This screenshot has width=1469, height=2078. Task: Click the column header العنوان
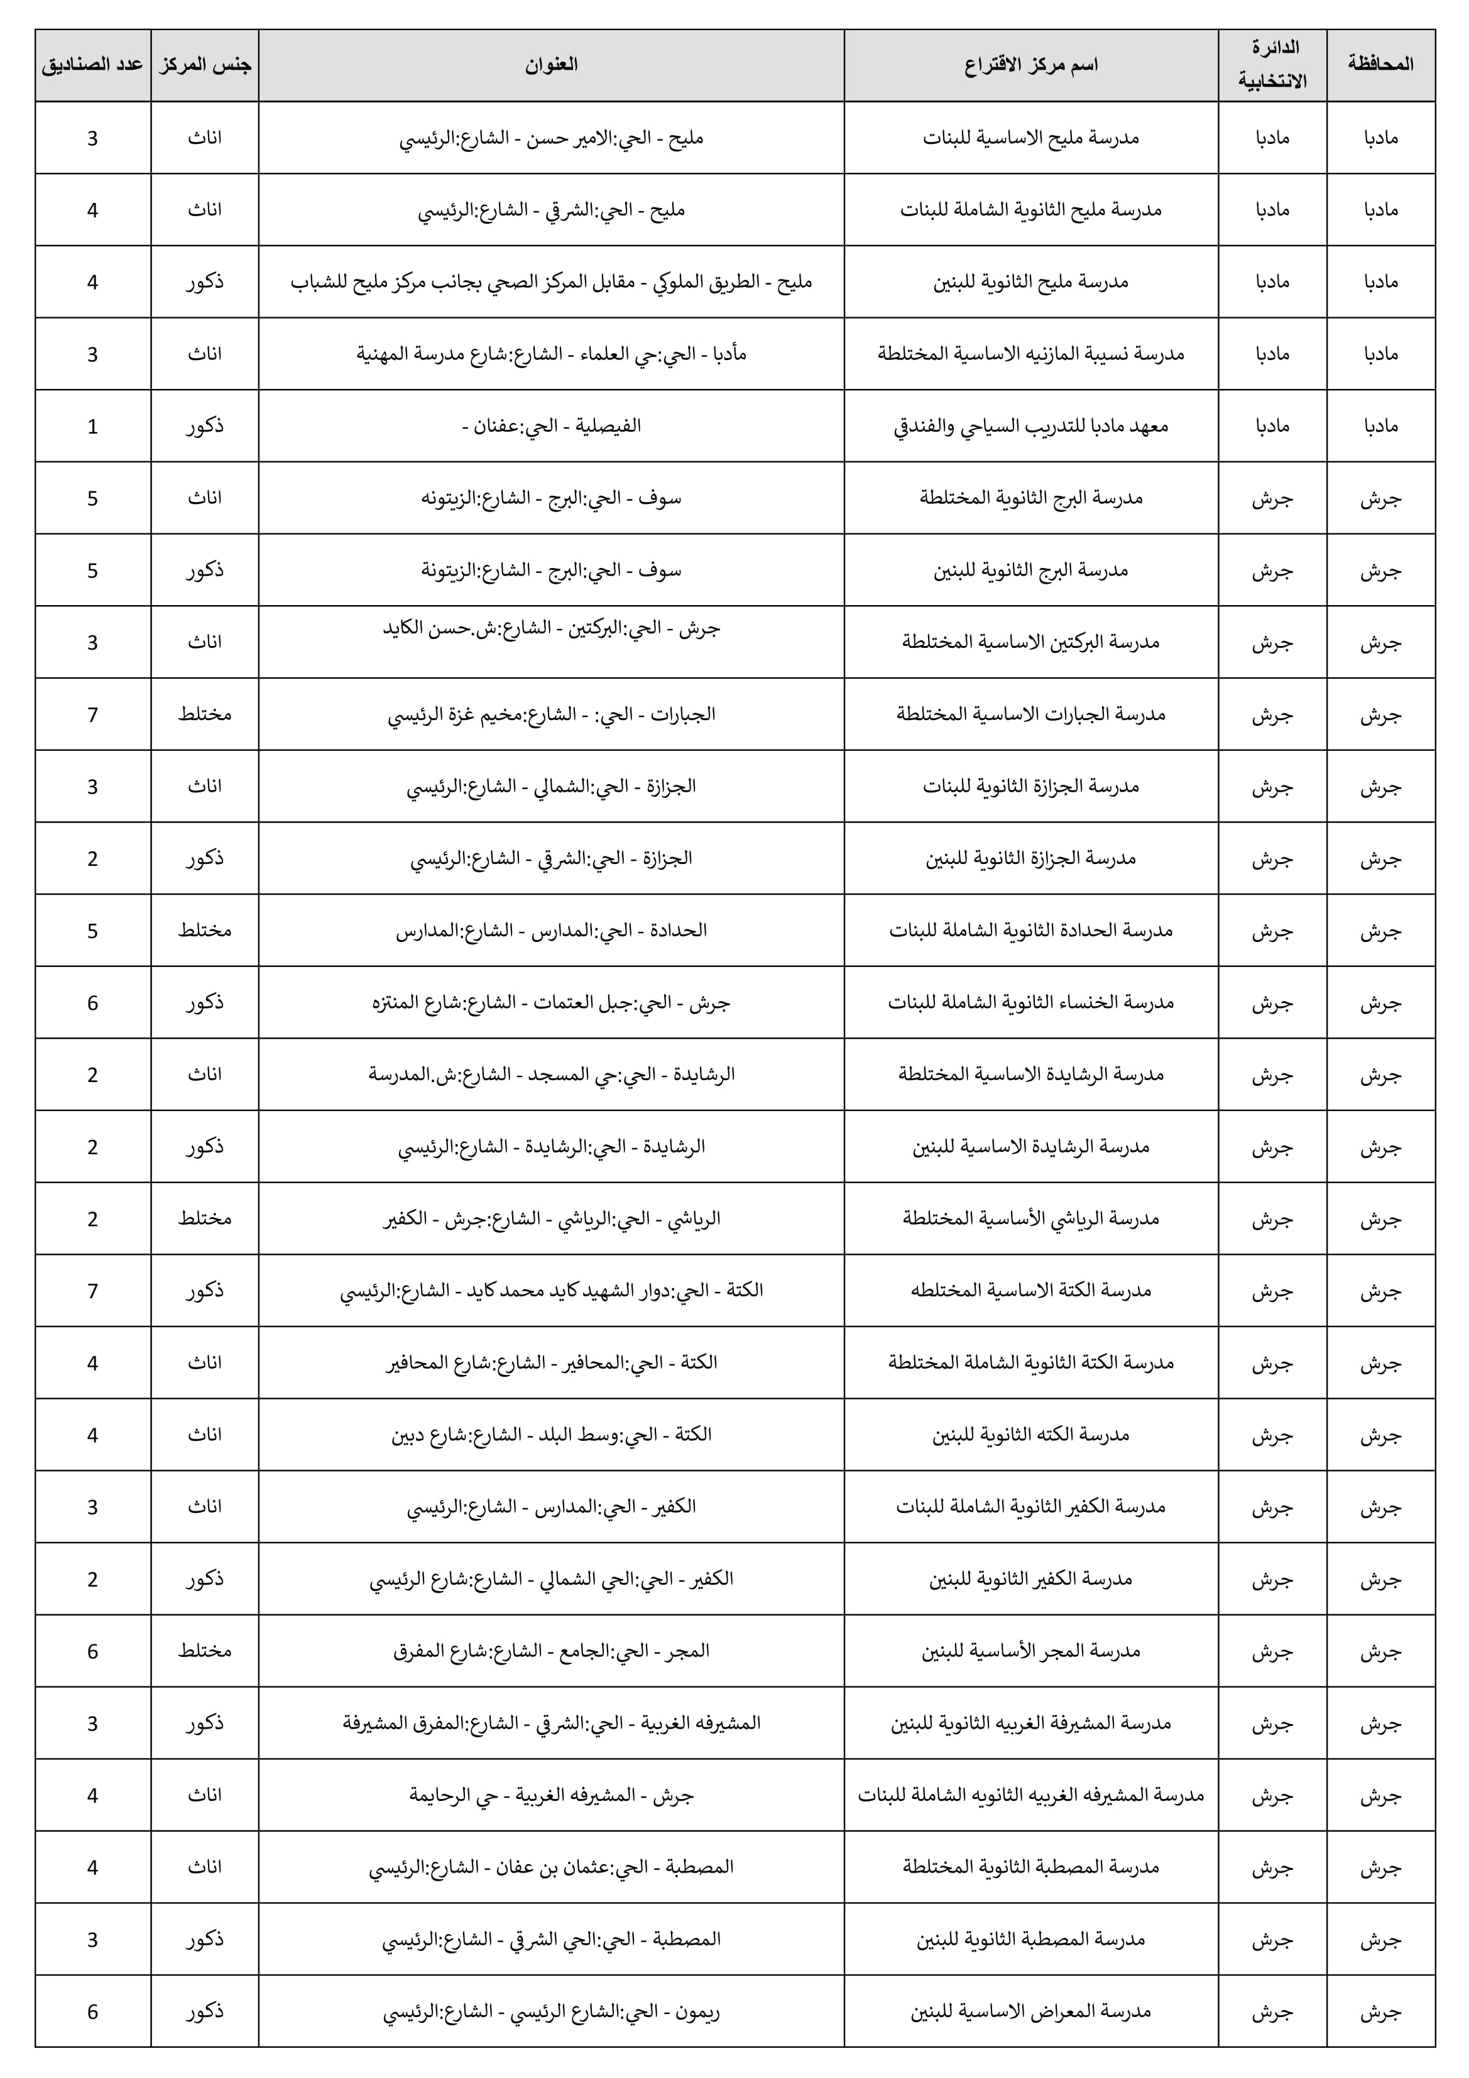[550, 64]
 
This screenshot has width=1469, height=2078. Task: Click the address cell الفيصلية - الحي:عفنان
[550, 425]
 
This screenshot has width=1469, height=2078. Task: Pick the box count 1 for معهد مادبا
[92, 426]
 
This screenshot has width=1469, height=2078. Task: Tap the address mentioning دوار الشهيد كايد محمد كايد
[550, 1291]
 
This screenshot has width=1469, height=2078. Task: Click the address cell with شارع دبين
[550, 1435]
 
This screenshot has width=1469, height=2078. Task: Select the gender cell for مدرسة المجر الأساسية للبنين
[205, 1651]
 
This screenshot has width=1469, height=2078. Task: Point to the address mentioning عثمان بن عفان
[550, 1867]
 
